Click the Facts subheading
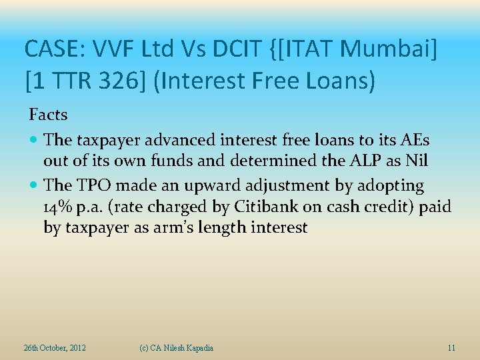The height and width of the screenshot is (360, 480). (x=48, y=115)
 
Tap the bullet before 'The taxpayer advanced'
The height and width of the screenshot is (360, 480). (x=34, y=141)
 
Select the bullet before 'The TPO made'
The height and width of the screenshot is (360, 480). (x=34, y=185)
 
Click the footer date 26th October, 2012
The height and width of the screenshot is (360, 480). (x=55, y=348)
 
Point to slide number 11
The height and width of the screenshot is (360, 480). (x=451, y=348)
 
